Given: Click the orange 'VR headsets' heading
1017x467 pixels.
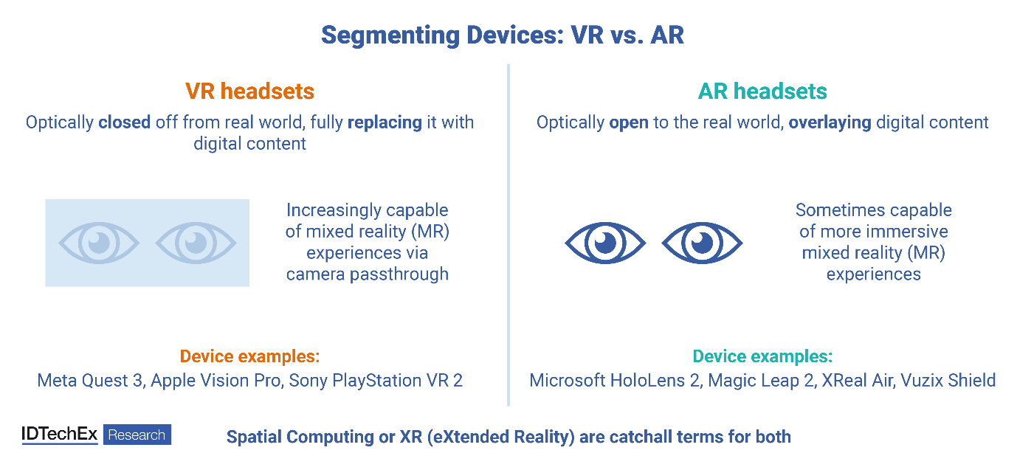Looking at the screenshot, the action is click(x=249, y=91).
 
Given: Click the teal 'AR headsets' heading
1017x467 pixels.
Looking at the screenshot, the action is click(x=762, y=91).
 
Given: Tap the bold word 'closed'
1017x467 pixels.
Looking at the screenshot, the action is click(x=125, y=122).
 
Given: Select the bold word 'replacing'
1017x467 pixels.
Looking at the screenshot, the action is click(x=385, y=122).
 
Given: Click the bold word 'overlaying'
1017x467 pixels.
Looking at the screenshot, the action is click(x=830, y=122).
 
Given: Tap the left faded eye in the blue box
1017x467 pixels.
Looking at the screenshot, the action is click(x=99, y=243).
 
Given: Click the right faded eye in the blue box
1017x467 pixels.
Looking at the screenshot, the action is click(x=196, y=243).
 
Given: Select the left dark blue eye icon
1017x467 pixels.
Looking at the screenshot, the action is click(x=605, y=243).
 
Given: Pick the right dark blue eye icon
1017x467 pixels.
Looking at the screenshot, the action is click(x=703, y=243).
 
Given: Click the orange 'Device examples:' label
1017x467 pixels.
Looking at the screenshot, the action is click(x=249, y=356).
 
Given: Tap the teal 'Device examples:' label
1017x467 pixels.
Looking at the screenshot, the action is click(x=762, y=356).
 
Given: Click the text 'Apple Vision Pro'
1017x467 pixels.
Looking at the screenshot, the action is click(x=216, y=381).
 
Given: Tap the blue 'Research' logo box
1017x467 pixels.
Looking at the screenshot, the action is click(x=137, y=435).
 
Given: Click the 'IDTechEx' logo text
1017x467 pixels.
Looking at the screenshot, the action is click(x=60, y=435).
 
